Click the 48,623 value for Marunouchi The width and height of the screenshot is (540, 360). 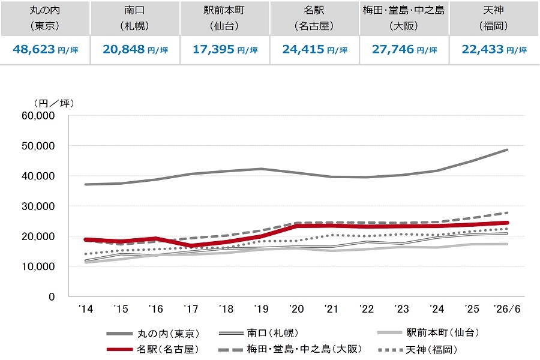[x=34, y=49]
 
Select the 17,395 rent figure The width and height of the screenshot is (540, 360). [x=214, y=49]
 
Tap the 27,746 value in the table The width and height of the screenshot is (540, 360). [x=393, y=49]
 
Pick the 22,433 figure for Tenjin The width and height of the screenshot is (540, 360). [x=483, y=49]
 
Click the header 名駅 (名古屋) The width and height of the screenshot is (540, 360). [x=314, y=18]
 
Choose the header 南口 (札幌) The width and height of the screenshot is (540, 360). [x=134, y=18]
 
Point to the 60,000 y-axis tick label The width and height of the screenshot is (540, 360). [x=38, y=116]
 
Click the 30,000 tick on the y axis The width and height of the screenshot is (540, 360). [x=38, y=206]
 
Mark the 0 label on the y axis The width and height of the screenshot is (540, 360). [x=52, y=296]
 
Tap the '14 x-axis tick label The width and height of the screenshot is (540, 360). [x=86, y=309]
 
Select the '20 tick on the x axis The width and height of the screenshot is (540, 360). [x=296, y=309]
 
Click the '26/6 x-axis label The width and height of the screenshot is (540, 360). [x=507, y=309]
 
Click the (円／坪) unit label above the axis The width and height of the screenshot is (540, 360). [x=54, y=103]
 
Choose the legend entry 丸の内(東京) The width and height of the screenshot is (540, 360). [x=153, y=334]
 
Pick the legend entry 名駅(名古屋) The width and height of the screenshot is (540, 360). [x=153, y=349]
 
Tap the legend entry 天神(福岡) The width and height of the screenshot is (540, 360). [x=418, y=350]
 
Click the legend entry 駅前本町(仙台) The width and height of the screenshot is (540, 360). [x=428, y=332]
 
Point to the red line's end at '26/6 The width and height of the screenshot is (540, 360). [x=507, y=223]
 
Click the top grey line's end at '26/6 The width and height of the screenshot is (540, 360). [x=507, y=150]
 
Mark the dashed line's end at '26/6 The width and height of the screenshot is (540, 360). [x=507, y=213]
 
